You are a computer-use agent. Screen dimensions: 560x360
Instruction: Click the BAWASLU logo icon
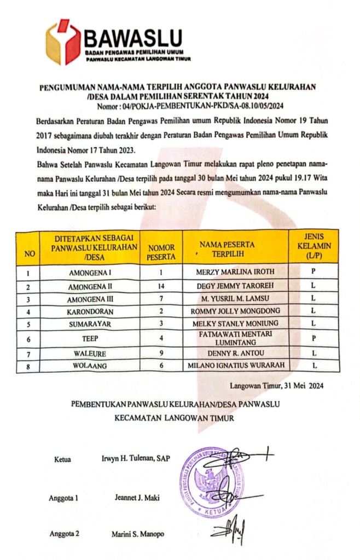point(63,42)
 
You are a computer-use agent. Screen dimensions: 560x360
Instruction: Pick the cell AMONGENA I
point(90,273)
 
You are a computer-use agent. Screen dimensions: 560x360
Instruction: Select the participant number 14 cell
point(161,286)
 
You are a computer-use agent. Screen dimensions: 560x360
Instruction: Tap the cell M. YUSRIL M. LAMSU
point(235,298)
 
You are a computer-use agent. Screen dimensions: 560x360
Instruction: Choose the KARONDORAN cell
point(90,311)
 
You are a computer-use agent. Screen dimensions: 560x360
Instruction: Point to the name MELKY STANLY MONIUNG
point(235,324)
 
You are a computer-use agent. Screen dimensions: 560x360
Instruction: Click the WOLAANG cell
point(90,366)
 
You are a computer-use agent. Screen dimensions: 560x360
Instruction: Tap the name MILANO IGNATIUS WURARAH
point(235,366)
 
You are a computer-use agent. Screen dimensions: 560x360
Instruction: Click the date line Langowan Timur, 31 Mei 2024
point(276,385)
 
